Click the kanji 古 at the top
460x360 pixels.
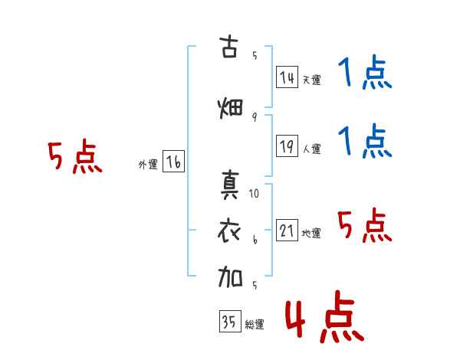(228, 47)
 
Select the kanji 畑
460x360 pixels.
(230, 108)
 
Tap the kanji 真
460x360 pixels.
(229, 185)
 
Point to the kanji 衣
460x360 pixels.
(229, 231)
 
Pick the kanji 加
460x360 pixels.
(230, 277)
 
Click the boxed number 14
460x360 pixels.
(287, 77)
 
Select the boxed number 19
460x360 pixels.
(287, 146)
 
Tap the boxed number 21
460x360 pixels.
(287, 230)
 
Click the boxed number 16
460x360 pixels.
(174, 162)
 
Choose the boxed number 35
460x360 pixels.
(230, 321)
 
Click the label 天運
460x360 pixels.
(312, 80)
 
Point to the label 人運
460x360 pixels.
(312, 149)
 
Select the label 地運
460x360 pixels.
(311, 233)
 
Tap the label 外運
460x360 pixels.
(148, 165)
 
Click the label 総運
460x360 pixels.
(255, 325)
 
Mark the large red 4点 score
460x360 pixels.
(325, 316)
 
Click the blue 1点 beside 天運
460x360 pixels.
(365, 72)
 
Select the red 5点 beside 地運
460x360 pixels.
(365, 225)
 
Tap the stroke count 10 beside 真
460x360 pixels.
(254, 194)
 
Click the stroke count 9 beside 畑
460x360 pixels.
(255, 117)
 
